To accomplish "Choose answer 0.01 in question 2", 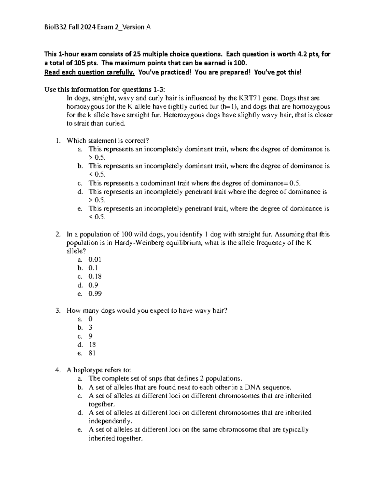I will coord(95,260).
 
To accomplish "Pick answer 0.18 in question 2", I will coord(95,277).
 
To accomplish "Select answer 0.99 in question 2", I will coord(95,293).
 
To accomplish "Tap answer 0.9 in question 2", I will coord(93,285).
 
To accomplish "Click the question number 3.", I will coord(57,311).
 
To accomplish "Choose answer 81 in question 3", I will coord(92,353).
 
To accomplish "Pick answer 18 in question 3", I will coord(92,345).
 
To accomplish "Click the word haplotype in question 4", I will coord(86,370).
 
